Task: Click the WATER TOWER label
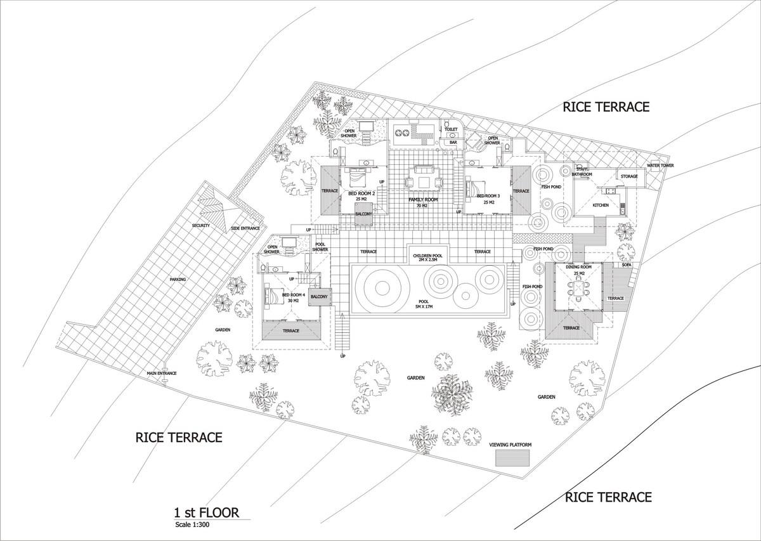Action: [660, 166]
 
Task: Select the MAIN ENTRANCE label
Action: [162, 373]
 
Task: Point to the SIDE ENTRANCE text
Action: [245, 228]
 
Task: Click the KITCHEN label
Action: [600, 205]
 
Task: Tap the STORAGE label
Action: [629, 176]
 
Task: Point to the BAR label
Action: [453, 143]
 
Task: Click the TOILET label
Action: [450, 129]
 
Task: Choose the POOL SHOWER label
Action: [320, 247]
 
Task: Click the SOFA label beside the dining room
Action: [626, 265]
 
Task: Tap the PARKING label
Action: [178, 279]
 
